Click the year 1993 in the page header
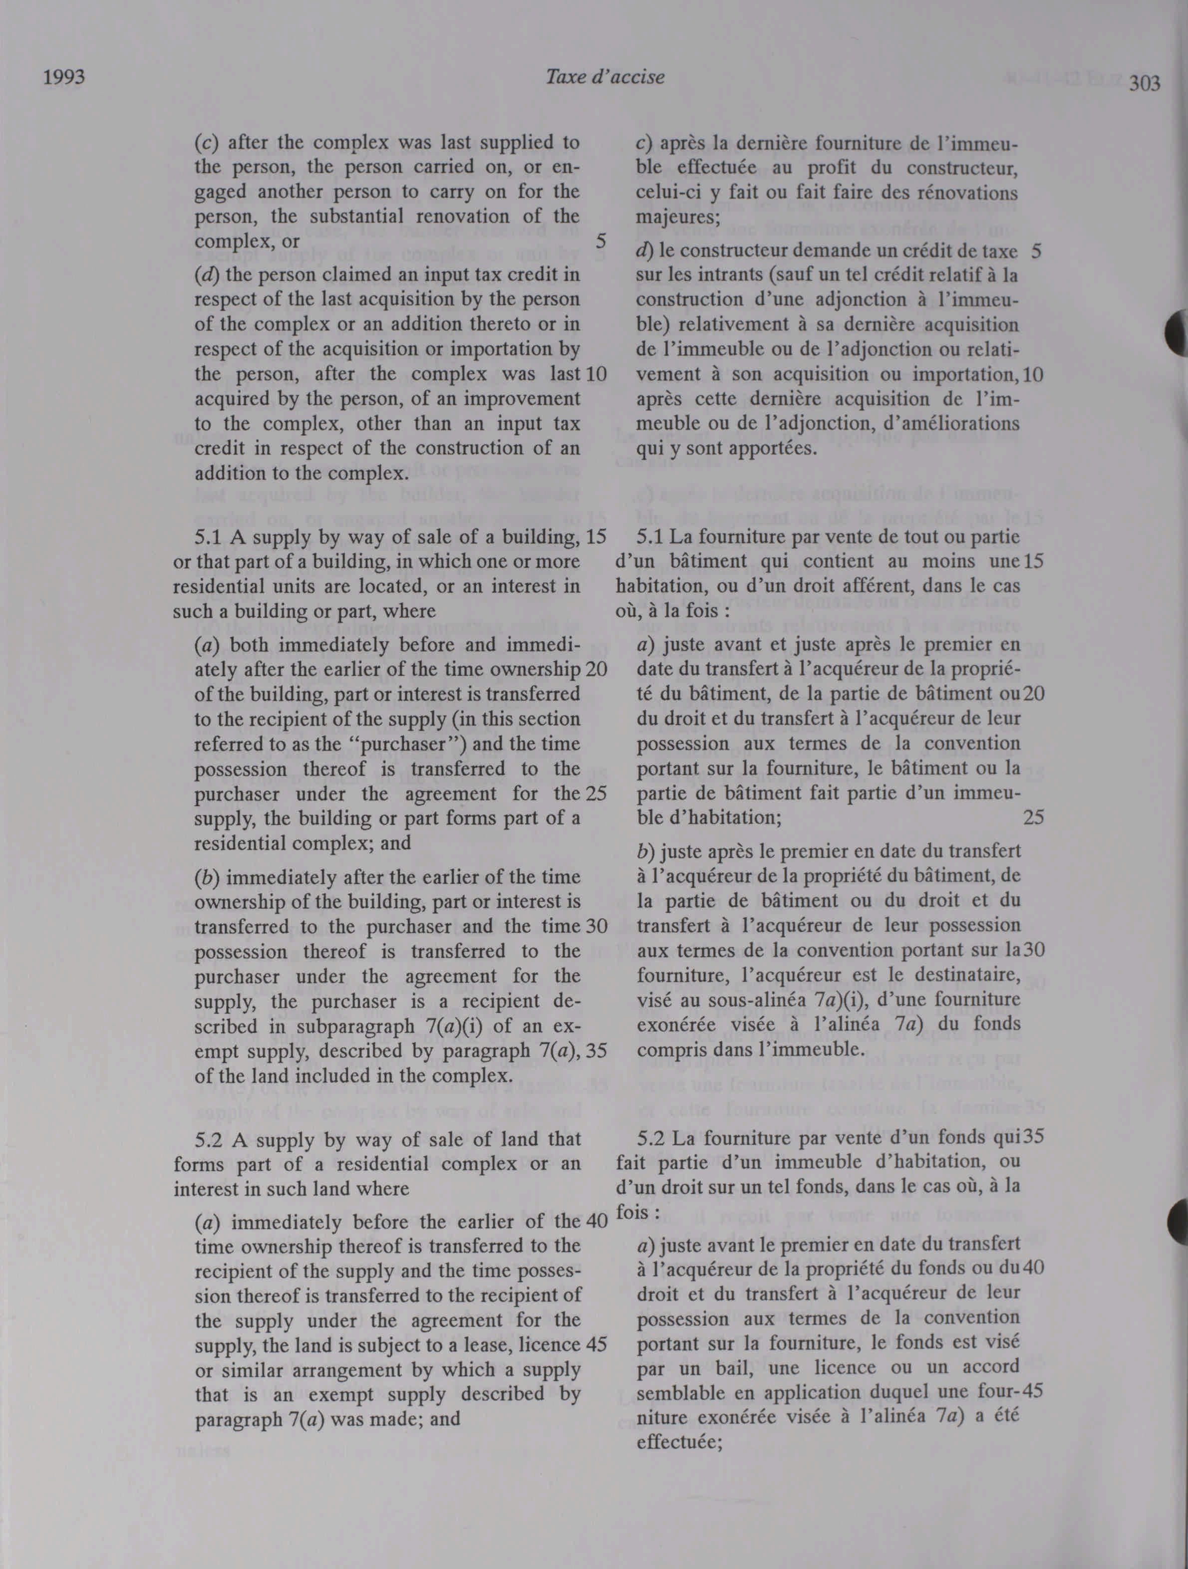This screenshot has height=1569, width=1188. (64, 77)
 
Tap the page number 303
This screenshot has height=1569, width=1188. (1145, 84)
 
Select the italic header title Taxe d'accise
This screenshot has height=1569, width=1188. (604, 77)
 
